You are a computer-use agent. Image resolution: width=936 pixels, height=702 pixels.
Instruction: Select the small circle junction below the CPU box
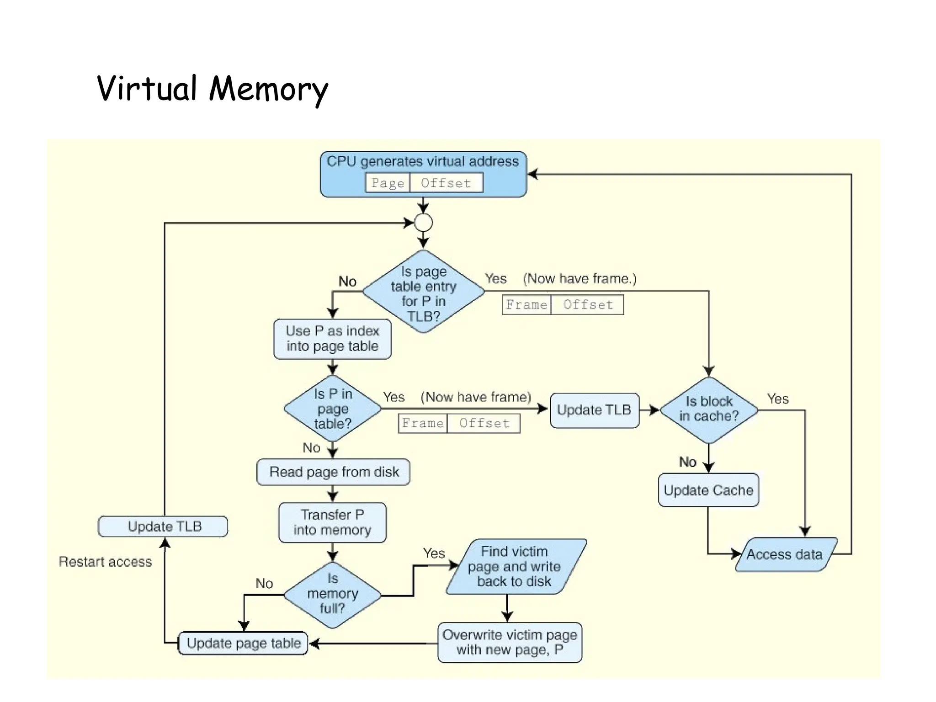pyautogui.click(x=423, y=223)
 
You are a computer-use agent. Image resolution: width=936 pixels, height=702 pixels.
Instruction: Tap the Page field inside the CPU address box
pyautogui.click(x=388, y=183)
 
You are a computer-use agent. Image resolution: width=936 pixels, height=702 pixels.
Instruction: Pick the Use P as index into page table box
pyautogui.click(x=332, y=339)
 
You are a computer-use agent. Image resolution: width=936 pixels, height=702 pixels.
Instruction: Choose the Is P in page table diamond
pyautogui.click(x=333, y=409)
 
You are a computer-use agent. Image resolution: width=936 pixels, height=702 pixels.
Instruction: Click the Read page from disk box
pyautogui.click(x=333, y=472)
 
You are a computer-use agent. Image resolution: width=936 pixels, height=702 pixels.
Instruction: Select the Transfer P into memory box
pyautogui.click(x=332, y=522)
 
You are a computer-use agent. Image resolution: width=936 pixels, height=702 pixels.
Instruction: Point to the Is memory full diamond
pyautogui.click(x=332, y=594)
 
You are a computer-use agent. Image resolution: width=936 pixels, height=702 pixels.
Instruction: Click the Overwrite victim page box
pyautogui.click(x=510, y=642)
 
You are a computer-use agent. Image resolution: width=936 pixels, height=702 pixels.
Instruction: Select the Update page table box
pyautogui.click(x=243, y=643)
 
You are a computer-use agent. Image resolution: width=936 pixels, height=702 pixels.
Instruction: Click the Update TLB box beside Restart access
pyautogui.click(x=163, y=526)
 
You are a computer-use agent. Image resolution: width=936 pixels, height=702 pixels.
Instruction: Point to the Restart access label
pyautogui.click(x=105, y=562)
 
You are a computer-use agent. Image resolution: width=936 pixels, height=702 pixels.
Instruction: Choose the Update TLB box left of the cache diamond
pyautogui.click(x=594, y=410)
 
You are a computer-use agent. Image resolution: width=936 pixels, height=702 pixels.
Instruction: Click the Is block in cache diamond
pyautogui.click(x=709, y=409)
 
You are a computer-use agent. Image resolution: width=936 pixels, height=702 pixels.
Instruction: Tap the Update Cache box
pyautogui.click(x=708, y=490)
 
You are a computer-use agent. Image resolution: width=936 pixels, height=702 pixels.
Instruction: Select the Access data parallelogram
pyautogui.click(x=785, y=554)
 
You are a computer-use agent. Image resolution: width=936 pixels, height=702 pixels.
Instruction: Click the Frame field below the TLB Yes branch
pyautogui.click(x=526, y=305)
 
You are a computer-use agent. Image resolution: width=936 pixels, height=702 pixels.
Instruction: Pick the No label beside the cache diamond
pyautogui.click(x=687, y=462)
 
